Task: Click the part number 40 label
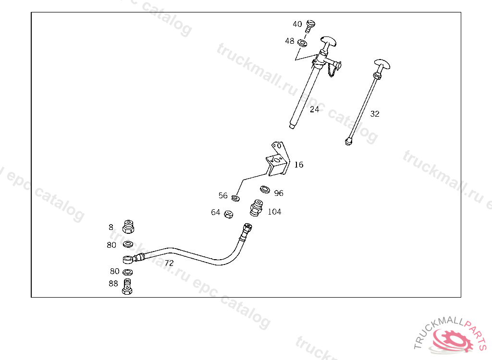(297, 24)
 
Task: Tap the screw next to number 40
(310, 25)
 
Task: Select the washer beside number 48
(303, 43)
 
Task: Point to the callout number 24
(314, 109)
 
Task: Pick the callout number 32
(375, 114)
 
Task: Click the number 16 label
(299, 165)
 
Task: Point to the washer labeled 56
(235, 197)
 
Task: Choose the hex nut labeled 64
(229, 214)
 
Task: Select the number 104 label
(274, 212)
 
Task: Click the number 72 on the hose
(169, 263)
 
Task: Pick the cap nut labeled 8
(129, 226)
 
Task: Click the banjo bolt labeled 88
(127, 286)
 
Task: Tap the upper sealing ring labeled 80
(128, 245)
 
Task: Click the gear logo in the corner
(453, 340)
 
